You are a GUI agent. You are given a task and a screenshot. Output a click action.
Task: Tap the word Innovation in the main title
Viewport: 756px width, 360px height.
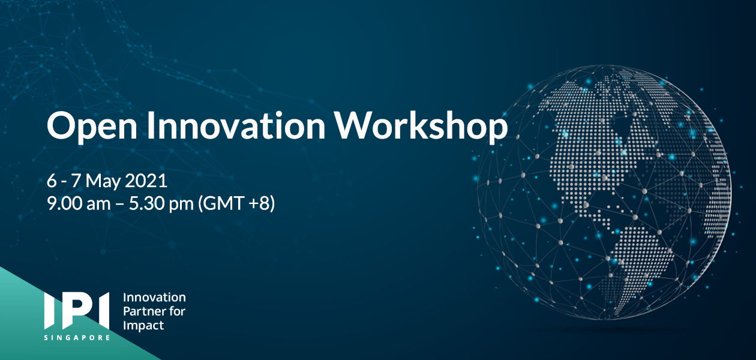click(x=236, y=125)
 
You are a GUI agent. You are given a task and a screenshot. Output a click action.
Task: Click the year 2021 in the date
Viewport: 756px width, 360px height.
click(x=146, y=181)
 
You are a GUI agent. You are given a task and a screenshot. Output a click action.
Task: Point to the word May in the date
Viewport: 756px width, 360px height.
click(x=103, y=182)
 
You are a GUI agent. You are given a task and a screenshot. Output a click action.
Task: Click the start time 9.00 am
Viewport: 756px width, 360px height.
click(x=79, y=203)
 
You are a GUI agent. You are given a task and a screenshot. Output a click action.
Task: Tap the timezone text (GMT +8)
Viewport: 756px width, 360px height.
click(x=236, y=204)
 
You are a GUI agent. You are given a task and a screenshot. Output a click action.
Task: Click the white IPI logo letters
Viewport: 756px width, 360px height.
click(x=77, y=311)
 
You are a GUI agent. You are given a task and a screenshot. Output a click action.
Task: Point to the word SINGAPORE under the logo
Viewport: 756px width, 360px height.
click(x=77, y=338)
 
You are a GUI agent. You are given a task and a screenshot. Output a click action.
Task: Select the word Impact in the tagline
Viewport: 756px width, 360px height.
click(x=143, y=326)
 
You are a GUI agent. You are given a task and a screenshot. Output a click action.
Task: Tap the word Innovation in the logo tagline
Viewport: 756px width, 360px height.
click(x=154, y=297)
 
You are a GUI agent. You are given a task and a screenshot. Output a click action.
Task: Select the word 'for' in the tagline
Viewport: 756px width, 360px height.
click(x=177, y=311)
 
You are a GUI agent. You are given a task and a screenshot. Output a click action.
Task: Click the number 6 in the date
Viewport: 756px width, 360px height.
click(x=52, y=181)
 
